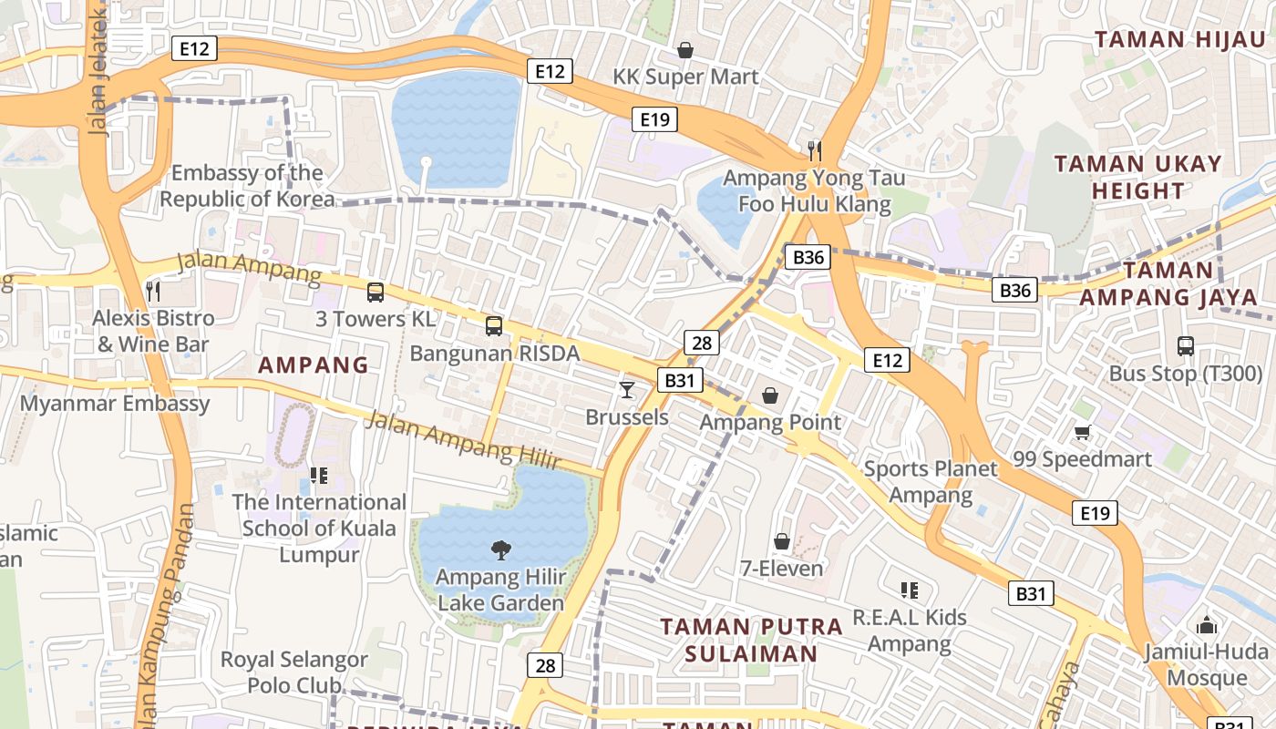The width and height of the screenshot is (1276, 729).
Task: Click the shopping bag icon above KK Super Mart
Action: [x=684, y=50]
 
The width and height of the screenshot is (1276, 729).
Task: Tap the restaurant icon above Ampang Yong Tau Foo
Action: [x=815, y=150]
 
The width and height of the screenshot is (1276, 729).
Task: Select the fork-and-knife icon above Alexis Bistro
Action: [x=153, y=292]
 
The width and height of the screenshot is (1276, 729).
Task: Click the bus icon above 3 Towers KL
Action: [x=375, y=293]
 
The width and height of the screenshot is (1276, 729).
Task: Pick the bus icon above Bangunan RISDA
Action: [x=494, y=326]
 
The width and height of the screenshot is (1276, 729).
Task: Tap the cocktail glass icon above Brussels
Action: [x=627, y=390]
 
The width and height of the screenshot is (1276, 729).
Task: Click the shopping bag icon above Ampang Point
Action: [x=770, y=395]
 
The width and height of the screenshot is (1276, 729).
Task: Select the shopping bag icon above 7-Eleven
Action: [x=781, y=541]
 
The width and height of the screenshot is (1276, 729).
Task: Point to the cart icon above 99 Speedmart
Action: [x=1082, y=432]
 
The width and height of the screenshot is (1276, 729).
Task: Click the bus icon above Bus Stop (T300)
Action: [x=1185, y=346]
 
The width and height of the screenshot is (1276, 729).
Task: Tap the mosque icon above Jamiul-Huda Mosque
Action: [x=1207, y=625]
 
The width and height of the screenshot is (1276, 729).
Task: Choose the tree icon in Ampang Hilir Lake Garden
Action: [x=500, y=549]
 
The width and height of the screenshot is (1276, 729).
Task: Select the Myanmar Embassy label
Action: [x=115, y=404]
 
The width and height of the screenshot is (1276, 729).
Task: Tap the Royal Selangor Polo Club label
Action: [x=293, y=672]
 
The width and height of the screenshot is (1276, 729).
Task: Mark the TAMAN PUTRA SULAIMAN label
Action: [x=751, y=641]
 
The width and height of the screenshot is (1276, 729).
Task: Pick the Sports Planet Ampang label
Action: [x=931, y=482]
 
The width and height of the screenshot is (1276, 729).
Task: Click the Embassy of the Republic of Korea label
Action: [x=247, y=186]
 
